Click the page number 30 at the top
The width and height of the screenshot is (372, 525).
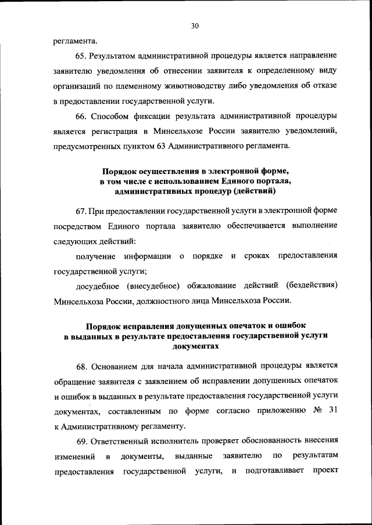click(195, 25)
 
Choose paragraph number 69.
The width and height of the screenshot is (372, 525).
click(81, 441)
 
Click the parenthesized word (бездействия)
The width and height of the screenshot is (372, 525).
click(312, 286)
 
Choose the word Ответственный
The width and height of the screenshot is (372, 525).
click(126, 441)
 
